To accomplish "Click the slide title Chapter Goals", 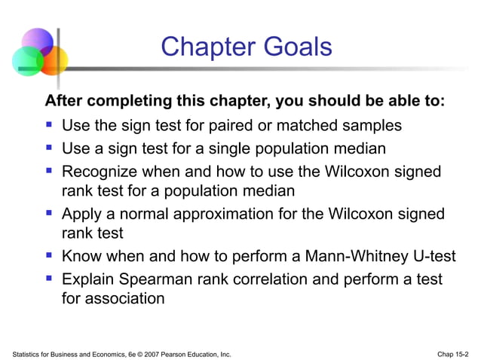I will (x=246, y=47).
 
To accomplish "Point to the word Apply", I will (x=81, y=215).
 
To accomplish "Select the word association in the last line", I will (x=124, y=298).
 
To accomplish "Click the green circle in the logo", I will (x=26, y=60).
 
